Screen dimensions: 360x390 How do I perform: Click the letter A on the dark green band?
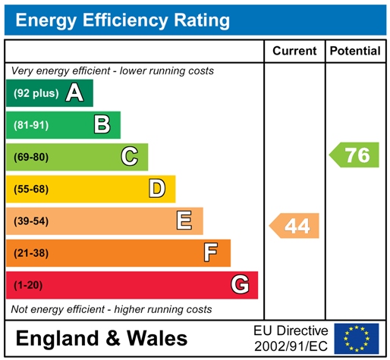pos(74,93)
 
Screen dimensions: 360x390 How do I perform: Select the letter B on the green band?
pos(102,125)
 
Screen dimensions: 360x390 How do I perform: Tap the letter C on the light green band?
pos(130,157)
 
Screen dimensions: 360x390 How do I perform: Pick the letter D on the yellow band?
pos(157,189)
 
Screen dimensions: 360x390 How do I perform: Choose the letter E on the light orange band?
pos(184,221)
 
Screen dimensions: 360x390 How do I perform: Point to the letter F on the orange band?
pos(212,252)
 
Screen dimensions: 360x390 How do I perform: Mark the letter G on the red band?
pos(240,285)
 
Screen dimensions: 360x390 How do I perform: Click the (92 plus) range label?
pos(36,94)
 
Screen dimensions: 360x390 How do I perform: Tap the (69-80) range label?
pos(31,158)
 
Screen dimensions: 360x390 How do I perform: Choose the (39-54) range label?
pos(31,221)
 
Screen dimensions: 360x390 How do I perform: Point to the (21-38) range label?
pos(31,253)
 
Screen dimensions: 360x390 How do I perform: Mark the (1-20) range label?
pos(28,285)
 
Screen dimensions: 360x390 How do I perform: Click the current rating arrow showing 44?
pos(295,226)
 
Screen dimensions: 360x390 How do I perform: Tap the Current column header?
pos(294,51)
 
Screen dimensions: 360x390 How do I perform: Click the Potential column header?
pos(355,51)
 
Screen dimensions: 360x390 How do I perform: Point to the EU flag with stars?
pos(357,338)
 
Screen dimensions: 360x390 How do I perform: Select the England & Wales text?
pos(101,338)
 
